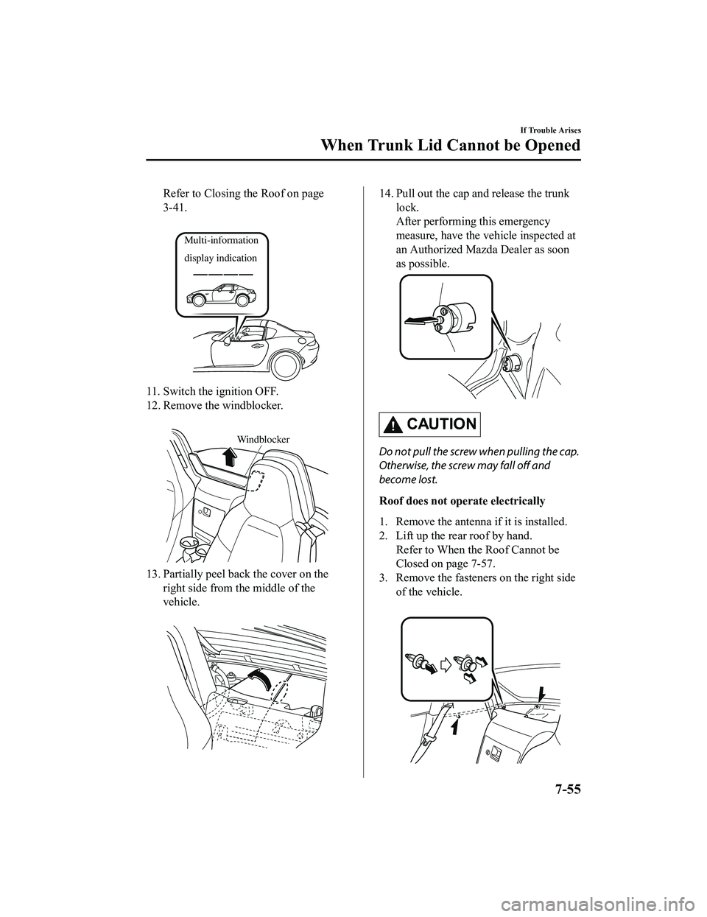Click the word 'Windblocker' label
pyautogui.click(x=263, y=439)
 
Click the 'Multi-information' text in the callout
pyautogui.click(x=222, y=241)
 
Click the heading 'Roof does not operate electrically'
pyautogui.click(x=462, y=501)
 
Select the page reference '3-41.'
pyautogui.click(x=176, y=208)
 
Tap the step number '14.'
pyautogui.click(x=387, y=194)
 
